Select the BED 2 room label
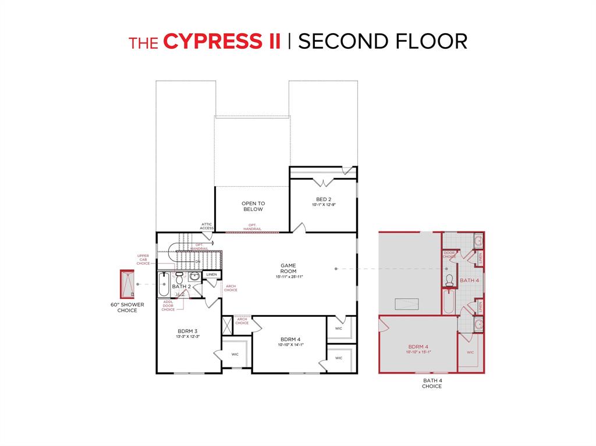324,199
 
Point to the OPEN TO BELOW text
253,206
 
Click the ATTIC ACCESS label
207,226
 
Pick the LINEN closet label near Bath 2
211,274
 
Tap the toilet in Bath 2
179,277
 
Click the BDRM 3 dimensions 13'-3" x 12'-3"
188,337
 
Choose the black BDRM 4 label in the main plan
290,340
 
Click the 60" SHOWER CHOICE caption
127,308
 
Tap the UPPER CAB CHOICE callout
143,260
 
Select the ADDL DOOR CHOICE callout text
168,305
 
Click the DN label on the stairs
198,262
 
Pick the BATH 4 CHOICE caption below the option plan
432,383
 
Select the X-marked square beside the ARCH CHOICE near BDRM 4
226,325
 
